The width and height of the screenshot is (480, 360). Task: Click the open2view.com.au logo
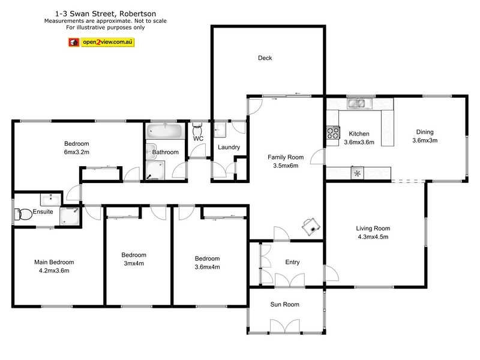tap(101, 43)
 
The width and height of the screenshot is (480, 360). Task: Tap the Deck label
tap(265, 58)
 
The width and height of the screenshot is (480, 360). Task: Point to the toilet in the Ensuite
tap(25, 212)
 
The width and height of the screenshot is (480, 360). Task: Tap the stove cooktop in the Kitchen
tap(332, 133)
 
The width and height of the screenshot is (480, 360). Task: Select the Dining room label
tap(425, 133)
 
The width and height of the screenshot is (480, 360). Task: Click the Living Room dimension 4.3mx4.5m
tap(373, 236)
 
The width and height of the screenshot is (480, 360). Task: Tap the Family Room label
tap(286, 157)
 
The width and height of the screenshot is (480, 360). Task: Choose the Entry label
tap(292, 262)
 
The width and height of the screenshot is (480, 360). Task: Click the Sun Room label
tap(284, 305)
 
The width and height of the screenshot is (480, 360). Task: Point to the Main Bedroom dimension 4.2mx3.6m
tap(54, 271)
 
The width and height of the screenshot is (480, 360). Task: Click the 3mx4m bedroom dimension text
tap(134, 263)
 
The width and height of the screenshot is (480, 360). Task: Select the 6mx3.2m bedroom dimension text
tap(77, 152)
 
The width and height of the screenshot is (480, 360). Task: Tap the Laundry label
tap(229, 147)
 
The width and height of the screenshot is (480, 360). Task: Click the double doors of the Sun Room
tap(284, 327)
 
